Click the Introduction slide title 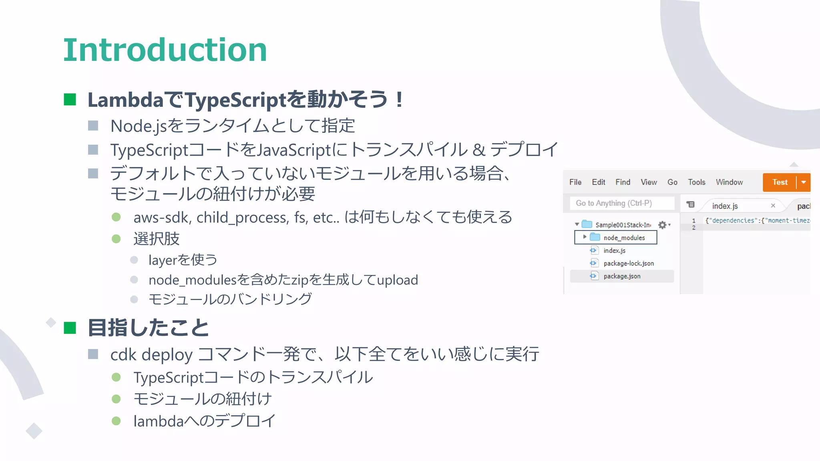click(165, 50)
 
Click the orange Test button click(780, 182)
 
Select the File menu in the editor click(575, 182)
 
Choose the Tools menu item click(696, 182)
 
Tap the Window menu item click(729, 182)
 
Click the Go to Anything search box click(621, 203)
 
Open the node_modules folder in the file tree click(624, 238)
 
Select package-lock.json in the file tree click(628, 263)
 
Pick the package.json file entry click(622, 276)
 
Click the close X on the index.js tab click(773, 206)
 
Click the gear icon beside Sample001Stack click(662, 225)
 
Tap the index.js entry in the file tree click(614, 251)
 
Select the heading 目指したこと click(148, 328)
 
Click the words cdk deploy click(151, 355)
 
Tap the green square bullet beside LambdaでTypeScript click(70, 100)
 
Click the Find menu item click(623, 182)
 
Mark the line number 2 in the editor click(694, 228)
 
